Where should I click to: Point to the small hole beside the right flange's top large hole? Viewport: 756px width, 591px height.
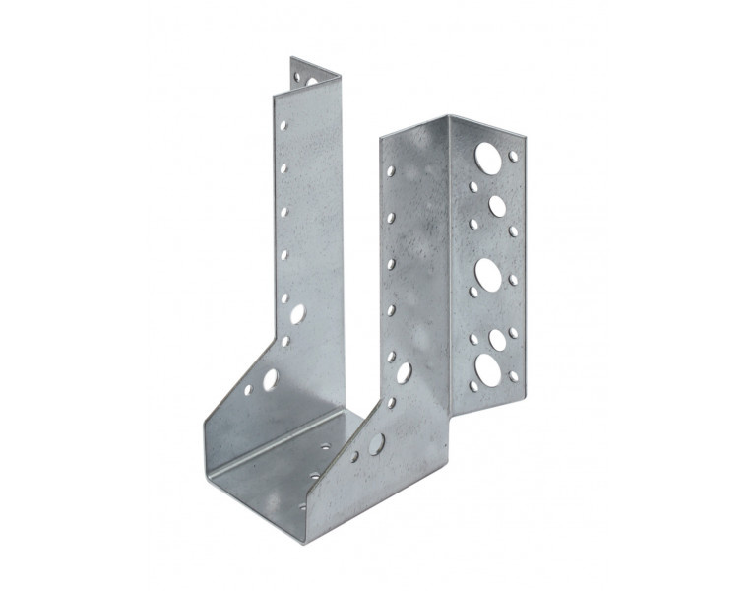[x=514, y=156]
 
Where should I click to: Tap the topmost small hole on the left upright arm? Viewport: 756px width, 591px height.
[x=283, y=127]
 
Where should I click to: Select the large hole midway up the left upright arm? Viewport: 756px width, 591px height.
[x=297, y=314]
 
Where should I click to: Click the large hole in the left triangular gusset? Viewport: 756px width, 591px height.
[x=270, y=378]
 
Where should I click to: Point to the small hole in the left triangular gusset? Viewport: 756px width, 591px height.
[x=247, y=389]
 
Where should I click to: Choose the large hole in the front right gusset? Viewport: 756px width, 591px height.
[x=376, y=444]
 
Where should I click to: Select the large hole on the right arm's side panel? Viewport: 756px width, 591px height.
[x=404, y=372]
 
